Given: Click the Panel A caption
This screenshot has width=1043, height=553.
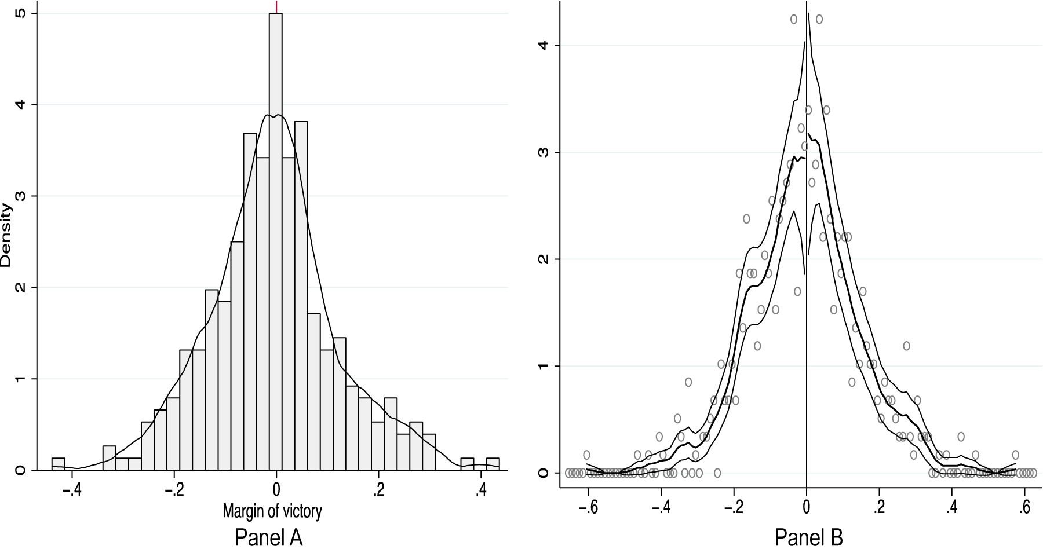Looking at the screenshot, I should [x=268, y=538].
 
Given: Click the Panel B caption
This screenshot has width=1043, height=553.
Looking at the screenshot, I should [x=808, y=538].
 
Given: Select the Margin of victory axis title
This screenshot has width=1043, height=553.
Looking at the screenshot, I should [x=272, y=511].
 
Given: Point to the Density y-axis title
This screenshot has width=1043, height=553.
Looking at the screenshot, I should [x=6, y=235].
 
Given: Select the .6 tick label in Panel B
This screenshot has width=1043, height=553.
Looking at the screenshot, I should [x=1024, y=507].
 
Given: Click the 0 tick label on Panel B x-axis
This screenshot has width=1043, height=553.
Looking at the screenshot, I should [x=807, y=507].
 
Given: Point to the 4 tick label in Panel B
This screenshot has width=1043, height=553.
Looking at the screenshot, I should [x=542, y=46].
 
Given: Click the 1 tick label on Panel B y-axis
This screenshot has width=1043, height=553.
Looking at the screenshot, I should [x=542, y=366].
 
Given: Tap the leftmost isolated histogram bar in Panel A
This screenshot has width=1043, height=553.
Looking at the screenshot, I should [x=58, y=463].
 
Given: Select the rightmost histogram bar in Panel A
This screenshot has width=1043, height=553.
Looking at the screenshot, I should [x=493, y=463].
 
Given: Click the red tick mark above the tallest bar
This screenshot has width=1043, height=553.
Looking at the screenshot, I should [x=276, y=6].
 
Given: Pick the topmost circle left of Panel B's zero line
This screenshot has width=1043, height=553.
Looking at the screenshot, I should [x=794, y=19].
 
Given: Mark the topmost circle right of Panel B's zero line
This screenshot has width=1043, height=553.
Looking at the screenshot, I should [x=819, y=19].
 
